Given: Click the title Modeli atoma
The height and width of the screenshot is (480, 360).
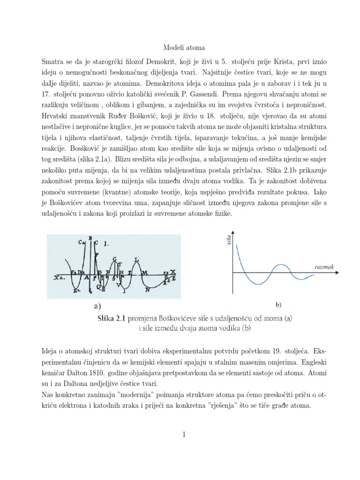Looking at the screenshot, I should [x=180, y=48].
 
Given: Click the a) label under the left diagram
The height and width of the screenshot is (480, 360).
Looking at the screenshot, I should [x=97, y=306].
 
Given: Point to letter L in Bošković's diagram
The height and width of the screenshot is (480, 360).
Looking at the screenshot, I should [x=136, y=259].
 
